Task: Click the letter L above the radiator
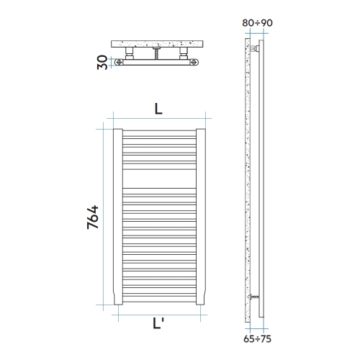tap(158, 109)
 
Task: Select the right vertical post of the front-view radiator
tap(201, 216)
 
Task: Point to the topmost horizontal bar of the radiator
tap(158, 132)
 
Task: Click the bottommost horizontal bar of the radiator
tap(158, 297)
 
